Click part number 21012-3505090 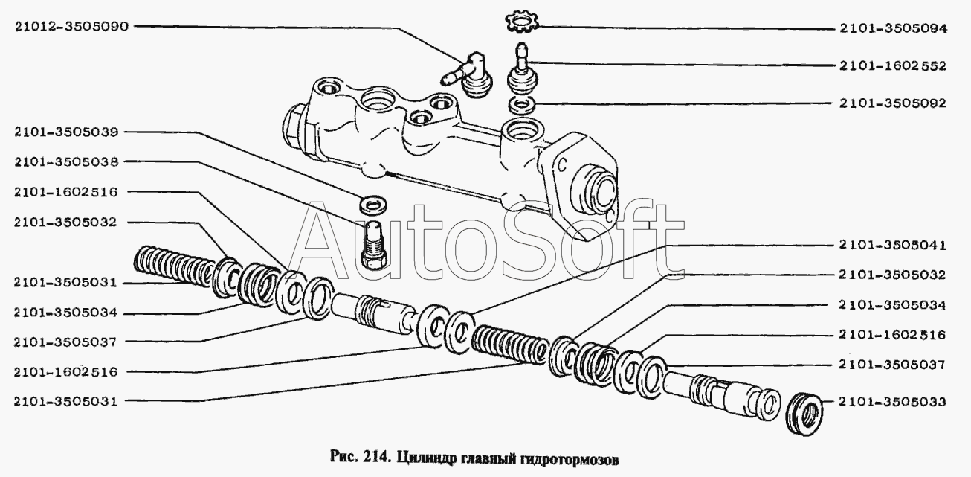tap(72, 27)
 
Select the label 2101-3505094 tap(894, 28)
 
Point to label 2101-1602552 tap(893, 66)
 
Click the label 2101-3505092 tap(893, 103)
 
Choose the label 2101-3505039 tap(66, 132)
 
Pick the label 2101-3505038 tap(66, 162)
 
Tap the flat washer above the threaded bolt tap(373, 204)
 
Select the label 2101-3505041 tap(892, 246)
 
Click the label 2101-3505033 tap(892, 402)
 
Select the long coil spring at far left tap(173, 266)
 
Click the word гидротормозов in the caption tap(568, 458)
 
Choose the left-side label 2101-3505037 tap(65, 342)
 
